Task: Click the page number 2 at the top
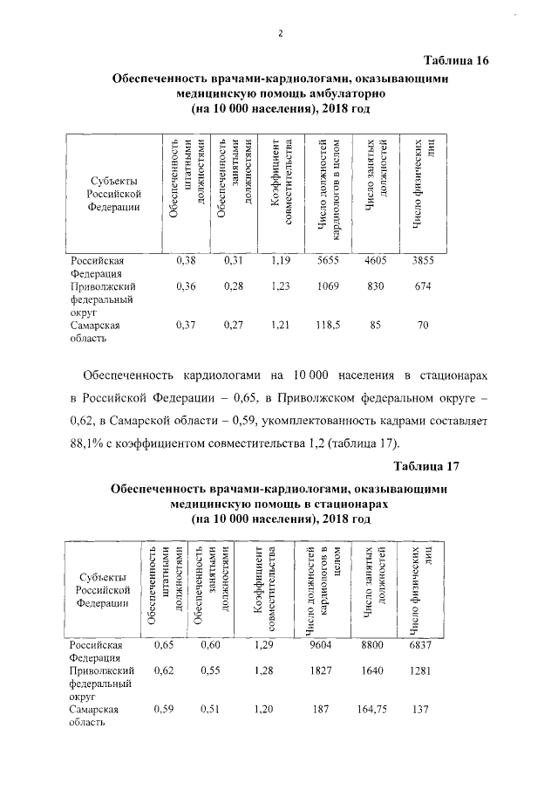(x=280, y=33)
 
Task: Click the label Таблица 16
(x=456, y=60)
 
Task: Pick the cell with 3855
(x=423, y=260)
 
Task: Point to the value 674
(x=423, y=285)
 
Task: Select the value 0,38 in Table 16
(x=186, y=260)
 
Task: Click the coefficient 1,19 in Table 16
(x=280, y=260)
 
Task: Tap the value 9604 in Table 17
(x=323, y=644)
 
